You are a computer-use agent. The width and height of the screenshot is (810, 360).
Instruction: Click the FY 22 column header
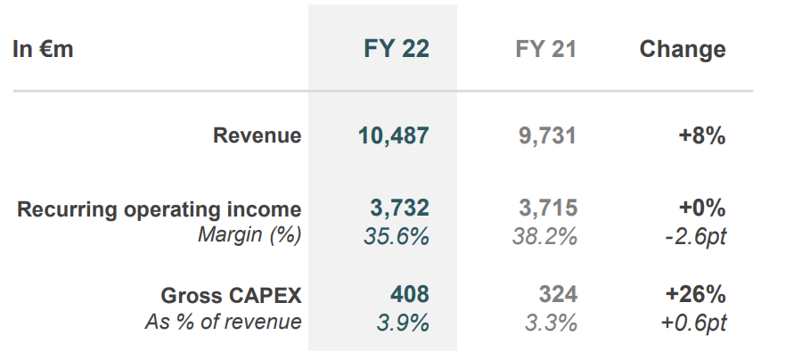[397, 49]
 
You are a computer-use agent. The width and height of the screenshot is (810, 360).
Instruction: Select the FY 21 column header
[545, 49]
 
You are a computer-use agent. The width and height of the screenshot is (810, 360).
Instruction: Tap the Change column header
[683, 49]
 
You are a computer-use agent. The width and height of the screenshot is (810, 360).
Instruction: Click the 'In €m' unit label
[43, 49]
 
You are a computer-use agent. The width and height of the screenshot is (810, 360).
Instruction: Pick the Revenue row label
[257, 136]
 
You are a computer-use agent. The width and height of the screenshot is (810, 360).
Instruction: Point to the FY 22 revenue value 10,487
[393, 136]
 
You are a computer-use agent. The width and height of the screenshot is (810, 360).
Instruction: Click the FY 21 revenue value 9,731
[547, 136]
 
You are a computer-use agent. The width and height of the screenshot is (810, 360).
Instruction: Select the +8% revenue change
[701, 136]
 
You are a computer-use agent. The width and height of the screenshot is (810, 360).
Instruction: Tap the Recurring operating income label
[160, 209]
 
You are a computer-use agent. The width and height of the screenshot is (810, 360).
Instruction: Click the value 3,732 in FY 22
[399, 209]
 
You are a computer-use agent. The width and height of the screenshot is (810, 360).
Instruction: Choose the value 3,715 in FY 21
[548, 209]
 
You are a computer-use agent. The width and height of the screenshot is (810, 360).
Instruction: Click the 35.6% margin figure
[397, 236]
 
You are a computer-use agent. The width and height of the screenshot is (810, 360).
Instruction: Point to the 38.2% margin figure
[544, 236]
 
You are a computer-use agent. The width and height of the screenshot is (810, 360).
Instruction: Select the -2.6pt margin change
[694, 236]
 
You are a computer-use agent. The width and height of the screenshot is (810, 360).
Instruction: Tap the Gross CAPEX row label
[231, 295]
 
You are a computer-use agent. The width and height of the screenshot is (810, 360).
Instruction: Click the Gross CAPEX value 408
[409, 294]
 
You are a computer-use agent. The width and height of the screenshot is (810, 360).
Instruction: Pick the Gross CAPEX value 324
[558, 294]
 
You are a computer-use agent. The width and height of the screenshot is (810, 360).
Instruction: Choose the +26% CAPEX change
[694, 294]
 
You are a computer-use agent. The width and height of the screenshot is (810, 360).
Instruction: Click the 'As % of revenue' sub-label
[223, 322]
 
